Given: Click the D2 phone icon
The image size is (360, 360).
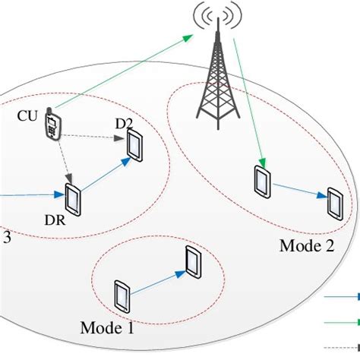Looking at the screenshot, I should pos(135,146).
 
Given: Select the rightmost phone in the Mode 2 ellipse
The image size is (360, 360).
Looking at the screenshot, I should pos(334,202).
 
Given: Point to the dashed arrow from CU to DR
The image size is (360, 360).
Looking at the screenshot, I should pos(62,161).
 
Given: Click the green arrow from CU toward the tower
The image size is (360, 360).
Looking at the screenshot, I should pos(122,74).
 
